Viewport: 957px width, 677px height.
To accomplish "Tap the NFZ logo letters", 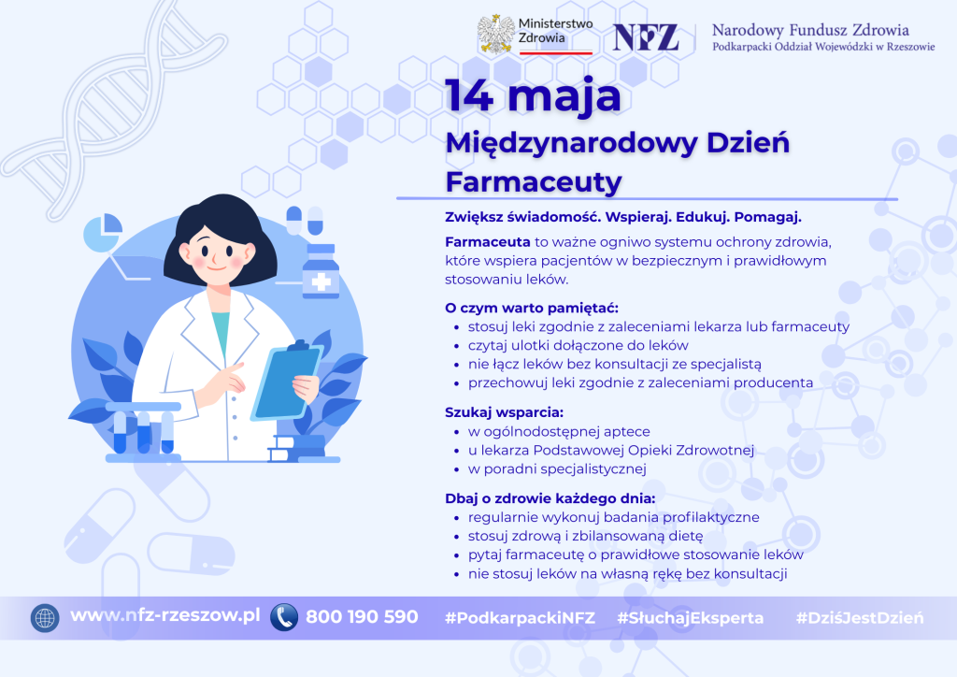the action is [x=646, y=37].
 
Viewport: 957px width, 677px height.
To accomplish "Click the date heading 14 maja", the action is [x=533, y=95].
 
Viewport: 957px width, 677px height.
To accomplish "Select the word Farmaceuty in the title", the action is [x=534, y=182].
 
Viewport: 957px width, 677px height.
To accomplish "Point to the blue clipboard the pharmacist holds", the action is [x=286, y=382].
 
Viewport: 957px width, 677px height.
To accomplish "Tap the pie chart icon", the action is [x=102, y=232].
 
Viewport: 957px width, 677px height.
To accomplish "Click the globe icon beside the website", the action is [x=45, y=618].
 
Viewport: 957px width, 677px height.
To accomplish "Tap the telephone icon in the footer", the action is [x=284, y=617].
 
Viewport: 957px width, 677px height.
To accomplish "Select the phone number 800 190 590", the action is [x=362, y=617].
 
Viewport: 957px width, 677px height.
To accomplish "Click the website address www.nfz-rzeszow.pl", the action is [x=165, y=615].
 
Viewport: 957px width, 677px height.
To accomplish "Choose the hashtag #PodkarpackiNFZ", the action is [x=520, y=618].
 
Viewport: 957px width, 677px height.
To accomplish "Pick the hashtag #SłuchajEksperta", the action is [x=691, y=618].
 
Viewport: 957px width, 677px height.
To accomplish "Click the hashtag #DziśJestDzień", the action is [x=860, y=618].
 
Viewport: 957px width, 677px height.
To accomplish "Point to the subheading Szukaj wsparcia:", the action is [x=504, y=412].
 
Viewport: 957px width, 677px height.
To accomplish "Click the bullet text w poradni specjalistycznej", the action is [x=557, y=468].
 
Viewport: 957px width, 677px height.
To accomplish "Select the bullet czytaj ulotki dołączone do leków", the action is [x=578, y=346].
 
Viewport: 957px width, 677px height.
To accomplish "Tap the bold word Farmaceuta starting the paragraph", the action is [x=488, y=242].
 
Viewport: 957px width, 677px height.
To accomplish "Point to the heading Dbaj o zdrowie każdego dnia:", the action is [x=550, y=498].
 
